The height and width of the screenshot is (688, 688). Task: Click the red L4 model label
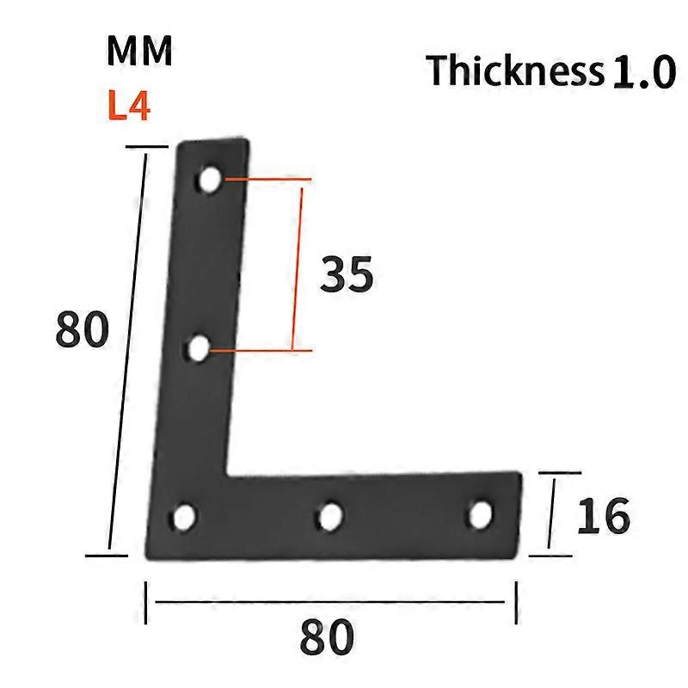tap(129, 108)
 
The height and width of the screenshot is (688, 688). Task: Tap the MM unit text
tap(139, 52)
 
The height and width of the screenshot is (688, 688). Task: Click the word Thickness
tap(514, 71)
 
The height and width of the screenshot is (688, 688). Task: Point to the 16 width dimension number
tap(602, 516)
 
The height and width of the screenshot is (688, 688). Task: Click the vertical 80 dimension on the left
tap(83, 330)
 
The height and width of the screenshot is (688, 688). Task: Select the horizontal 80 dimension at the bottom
tap(327, 638)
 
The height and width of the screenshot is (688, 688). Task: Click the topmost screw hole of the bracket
tap(210, 180)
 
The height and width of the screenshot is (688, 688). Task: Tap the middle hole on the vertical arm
tap(200, 349)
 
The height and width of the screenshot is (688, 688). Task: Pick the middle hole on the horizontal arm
tap(329, 517)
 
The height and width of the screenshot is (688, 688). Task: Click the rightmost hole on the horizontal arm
tap(480, 514)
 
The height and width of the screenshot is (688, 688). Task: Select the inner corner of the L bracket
tap(228, 473)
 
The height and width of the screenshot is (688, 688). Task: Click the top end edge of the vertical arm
tap(215, 143)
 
